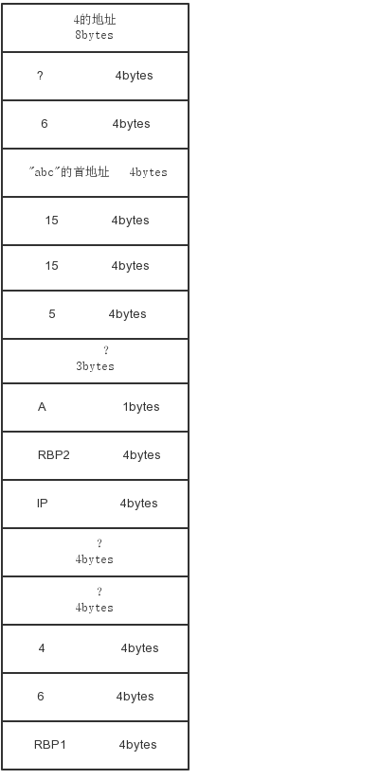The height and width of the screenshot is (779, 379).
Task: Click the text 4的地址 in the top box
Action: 95,20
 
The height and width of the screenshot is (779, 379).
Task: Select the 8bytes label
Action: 94,35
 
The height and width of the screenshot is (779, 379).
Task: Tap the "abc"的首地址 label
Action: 68,172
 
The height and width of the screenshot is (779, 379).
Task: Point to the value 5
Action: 52,314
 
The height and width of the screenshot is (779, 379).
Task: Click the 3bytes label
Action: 95,366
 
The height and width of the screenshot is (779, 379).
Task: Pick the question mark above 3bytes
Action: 105,351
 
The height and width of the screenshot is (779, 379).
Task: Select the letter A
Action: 42,407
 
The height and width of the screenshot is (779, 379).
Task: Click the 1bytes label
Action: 141,407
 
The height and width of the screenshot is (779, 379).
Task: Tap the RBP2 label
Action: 54,455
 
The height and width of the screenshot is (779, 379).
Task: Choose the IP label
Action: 43,504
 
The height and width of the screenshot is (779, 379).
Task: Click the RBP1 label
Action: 49,744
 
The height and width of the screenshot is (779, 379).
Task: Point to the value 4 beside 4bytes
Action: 42,647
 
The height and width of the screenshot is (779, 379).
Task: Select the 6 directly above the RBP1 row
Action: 41,696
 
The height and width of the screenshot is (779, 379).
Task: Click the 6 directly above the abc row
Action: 45,124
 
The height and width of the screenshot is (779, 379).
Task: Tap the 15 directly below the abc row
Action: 51,221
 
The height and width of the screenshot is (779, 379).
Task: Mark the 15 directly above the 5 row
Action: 51,266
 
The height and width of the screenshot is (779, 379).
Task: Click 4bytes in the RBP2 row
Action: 142,455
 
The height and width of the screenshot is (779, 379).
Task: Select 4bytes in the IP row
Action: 138,504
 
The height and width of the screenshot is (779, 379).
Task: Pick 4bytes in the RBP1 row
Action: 137,744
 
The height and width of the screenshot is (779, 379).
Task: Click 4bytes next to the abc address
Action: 148,172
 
